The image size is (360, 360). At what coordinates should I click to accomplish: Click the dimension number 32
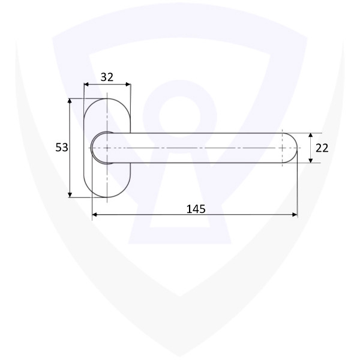tap(107, 77)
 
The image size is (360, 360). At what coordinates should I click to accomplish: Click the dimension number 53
tap(62, 148)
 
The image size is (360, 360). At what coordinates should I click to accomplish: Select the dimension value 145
tap(196, 209)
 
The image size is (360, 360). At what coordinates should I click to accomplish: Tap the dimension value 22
tap(322, 148)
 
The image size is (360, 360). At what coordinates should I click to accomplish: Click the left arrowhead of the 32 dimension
tap(86, 85)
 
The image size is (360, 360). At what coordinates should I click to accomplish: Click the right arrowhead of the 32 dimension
tap(128, 85)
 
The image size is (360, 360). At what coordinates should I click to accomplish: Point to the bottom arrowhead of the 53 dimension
tap(70, 195)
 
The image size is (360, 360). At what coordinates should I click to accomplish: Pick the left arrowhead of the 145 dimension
tap(95, 215)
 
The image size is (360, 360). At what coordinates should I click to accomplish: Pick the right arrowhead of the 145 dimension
tap(295, 215)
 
